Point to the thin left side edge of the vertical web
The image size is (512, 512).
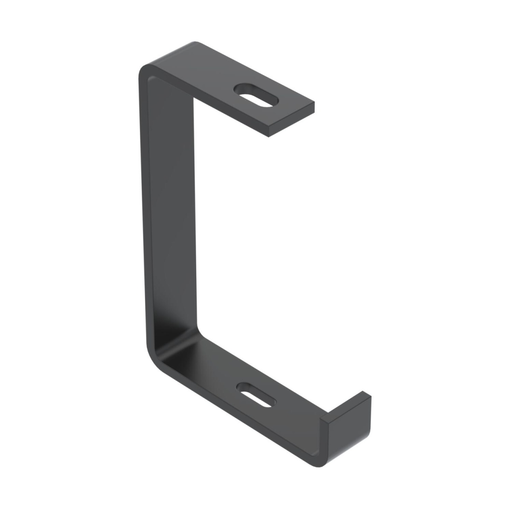(144, 213)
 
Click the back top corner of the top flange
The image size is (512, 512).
(195, 42)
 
